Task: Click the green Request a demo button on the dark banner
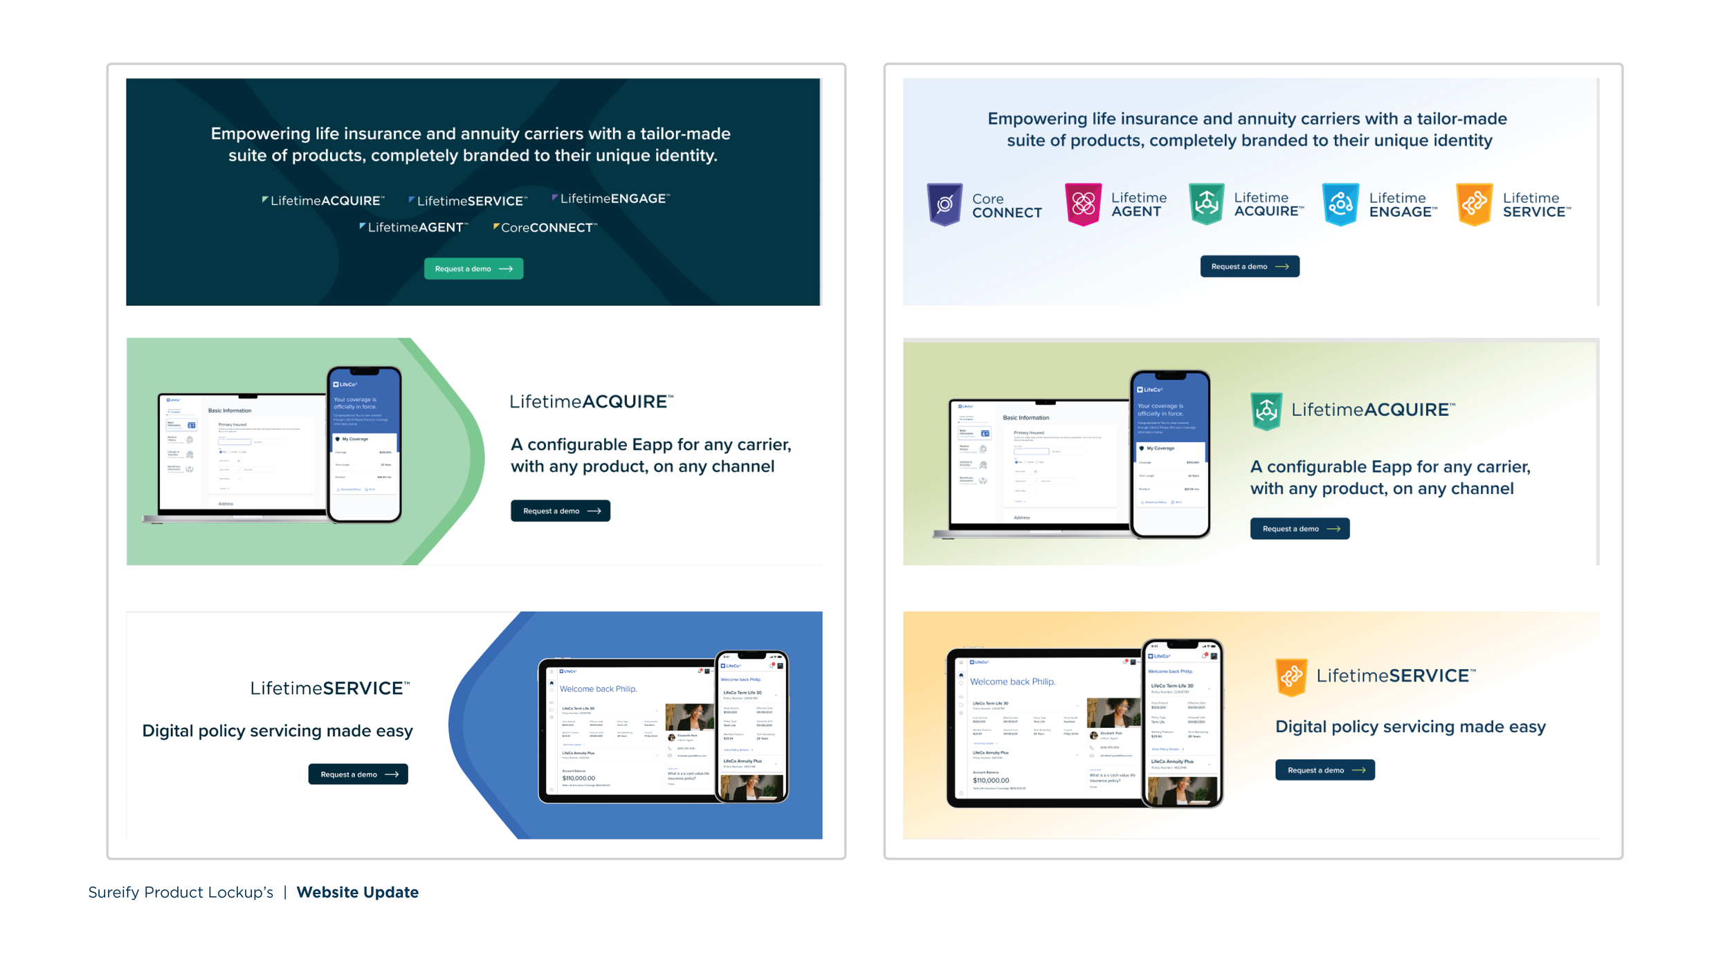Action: [x=473, y=269]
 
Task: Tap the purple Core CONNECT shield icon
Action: [x=944, y=204]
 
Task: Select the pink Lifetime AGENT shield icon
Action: [x=1083, y=204]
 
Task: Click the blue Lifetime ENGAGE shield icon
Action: [x=1340, y=204]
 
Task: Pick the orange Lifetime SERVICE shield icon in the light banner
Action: [x=1474, y=204]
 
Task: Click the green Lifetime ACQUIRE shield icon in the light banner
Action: [x=1206, y=204]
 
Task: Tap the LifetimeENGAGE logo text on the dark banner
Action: [x=612, y=199]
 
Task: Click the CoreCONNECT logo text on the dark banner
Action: [x=545, y=228]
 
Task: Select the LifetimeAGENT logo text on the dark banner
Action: [x=415, y=227]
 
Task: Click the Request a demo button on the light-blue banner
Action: [x=1249, y=266]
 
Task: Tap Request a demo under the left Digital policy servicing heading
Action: [x=358, y=774]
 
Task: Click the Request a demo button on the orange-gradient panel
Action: [x=1324, y=770]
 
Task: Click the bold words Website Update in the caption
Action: [x=357, y=892]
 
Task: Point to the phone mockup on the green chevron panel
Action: [x=365, y=444]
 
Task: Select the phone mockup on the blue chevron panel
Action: [x=752, y=727]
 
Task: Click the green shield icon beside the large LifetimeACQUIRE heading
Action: [x=1266, y=411]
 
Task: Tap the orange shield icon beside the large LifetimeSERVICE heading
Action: [x=1291, y=677]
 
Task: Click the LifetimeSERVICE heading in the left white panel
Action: [x=330, y=688]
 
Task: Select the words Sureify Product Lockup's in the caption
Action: [x=181, y=892]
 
